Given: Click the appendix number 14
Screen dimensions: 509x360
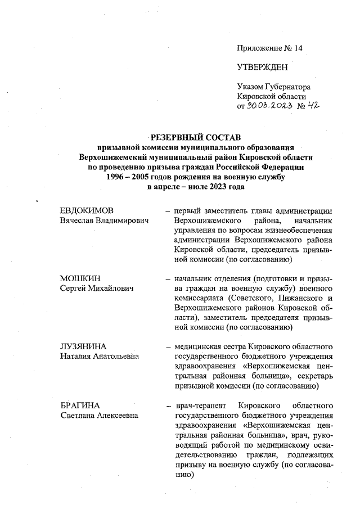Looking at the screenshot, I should pos(298,48).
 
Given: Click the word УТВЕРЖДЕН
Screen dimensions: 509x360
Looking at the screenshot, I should pos(263,68).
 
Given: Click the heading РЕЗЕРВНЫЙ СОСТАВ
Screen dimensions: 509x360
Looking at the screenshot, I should pos(194,137).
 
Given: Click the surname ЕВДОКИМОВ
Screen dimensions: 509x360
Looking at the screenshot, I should pos(87,210).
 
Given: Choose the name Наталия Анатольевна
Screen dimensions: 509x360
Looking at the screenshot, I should pos(100,357).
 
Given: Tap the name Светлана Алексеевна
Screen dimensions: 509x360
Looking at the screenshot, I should pos(100,415).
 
